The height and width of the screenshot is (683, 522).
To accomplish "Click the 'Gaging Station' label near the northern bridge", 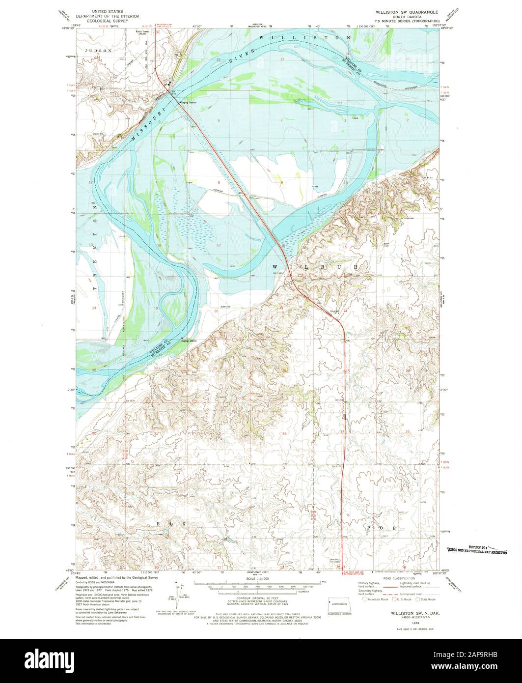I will tap(189, 103).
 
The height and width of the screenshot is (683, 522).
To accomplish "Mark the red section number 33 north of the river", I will tap(282, 59).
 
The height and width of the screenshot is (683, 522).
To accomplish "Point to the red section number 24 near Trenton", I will tap(93, 308).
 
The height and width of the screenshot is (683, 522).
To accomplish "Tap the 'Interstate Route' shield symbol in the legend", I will tap(364, 599).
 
